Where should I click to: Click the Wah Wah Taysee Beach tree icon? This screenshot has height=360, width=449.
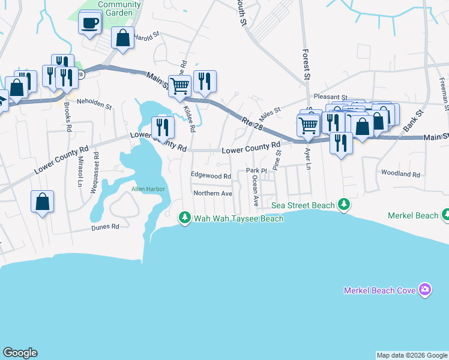click(185, 217)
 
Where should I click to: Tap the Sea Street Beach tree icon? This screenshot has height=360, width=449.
click(344, 205)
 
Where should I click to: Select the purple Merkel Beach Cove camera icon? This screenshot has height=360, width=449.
click(425, 290)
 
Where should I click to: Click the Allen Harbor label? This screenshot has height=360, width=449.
click(148, 190)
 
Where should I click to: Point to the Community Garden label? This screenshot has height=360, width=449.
click(119, 8)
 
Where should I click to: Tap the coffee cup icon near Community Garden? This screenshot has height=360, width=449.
click(90, 23)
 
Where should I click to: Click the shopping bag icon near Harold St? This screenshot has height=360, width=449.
click(122, 38)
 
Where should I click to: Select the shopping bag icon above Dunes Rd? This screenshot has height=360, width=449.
click(42, 203)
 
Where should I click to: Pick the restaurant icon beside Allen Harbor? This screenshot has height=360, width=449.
click(162, 127)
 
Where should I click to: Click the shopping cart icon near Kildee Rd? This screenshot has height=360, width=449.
click(179, 86)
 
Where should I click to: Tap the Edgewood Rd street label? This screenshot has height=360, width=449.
click(211, 176)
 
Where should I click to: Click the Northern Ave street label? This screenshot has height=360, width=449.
click(212, 193)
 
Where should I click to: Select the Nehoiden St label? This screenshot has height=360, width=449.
click(95, 106)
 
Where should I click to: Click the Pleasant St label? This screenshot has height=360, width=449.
click(331, 97)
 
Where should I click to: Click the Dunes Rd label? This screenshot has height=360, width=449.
click(106, 227)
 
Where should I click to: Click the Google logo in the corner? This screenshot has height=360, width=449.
click(20, 353)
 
